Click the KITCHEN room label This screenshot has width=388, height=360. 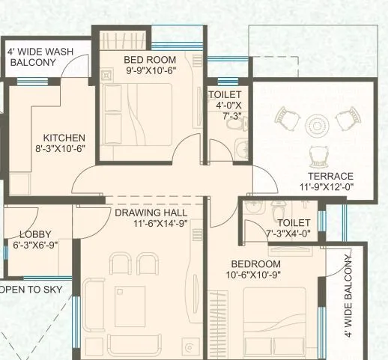[64, 138]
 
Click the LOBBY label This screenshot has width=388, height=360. [35, 234]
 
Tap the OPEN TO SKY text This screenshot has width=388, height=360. [28, 288]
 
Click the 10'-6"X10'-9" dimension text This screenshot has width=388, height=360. [255, 275]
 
